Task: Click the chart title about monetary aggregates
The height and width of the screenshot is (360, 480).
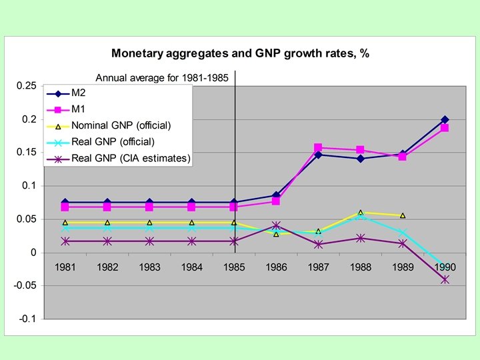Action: (x=240, y=53)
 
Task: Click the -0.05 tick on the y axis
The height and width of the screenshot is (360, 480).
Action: (x=25, y=285)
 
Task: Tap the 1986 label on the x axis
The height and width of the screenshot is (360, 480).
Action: (x=276, y=267)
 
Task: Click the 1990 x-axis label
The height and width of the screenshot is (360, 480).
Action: (x=445, y=267)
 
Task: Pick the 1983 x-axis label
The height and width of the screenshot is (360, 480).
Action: (x=149, y=267)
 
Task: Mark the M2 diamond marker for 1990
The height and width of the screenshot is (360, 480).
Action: (x=445, y=119)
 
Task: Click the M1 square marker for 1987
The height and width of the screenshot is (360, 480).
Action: (x=318, y=148)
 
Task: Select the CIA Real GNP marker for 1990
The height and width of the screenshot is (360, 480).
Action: (x=445, y=279)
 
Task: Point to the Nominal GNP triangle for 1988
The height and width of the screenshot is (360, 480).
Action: (x=361, y=213)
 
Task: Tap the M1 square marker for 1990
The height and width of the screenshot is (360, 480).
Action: (x=445, y=128)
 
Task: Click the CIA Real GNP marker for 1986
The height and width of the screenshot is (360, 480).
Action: (x=276, y=225)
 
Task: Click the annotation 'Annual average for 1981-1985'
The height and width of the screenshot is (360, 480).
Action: (x=163, y=77)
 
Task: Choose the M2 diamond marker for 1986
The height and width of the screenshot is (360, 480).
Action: (x=276, y=195)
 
